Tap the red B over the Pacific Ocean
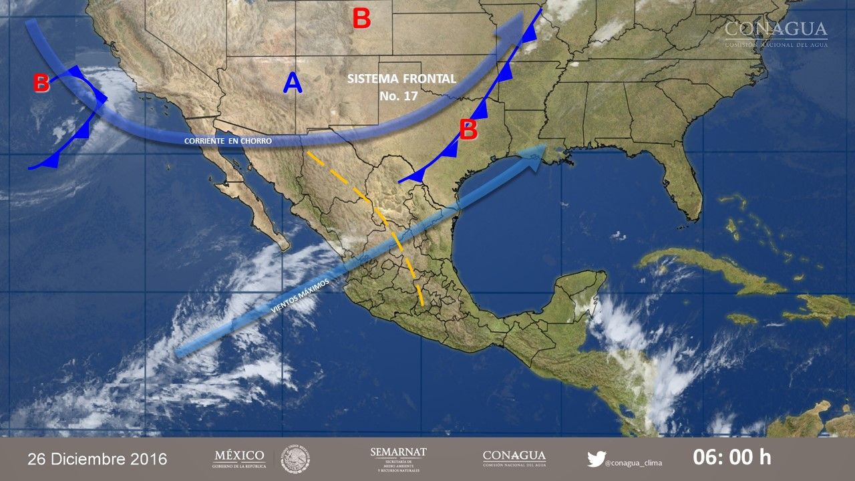(x=41, y=84)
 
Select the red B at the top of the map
(x=361, y=19)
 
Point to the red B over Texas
(x=468, y=130)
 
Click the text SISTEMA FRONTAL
(x=401, y=79)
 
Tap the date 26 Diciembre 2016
(x=98, y=460)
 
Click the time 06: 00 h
(x=731, y=458)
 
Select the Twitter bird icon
(x=596, y=459)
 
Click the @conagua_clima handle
(x=633, y=462)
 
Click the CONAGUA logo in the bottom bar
(x=514, y=458)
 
